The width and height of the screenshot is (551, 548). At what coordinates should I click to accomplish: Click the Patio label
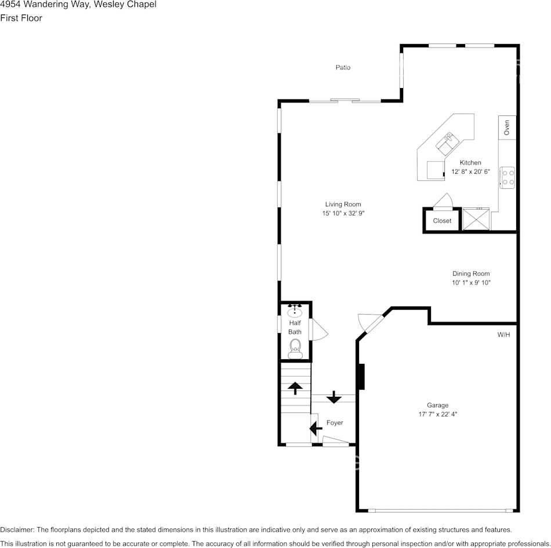point(343,68)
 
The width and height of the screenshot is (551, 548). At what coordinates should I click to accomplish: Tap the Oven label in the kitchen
point(506,127)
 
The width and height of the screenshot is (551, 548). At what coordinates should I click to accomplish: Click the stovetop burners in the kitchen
point(507,177)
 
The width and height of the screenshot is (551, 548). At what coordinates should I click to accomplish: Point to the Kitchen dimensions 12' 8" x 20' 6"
point(471,172)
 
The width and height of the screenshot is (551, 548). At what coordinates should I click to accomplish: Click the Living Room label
point(343,204)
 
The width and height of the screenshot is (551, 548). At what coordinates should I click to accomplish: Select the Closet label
point(442,221)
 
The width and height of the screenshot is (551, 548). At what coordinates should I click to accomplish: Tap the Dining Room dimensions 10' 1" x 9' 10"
point(471,283)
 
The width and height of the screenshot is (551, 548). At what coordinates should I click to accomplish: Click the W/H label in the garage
point(503,335)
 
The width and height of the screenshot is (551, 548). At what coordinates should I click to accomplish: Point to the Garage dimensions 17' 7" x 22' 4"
point(437,414)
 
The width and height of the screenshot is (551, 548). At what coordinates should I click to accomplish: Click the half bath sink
point(295,311)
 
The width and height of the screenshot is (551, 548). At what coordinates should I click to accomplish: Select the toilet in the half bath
point(295,347)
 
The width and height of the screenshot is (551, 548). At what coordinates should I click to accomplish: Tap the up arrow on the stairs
point(295,388)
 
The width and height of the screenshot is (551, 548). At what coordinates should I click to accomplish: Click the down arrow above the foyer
point(333,398)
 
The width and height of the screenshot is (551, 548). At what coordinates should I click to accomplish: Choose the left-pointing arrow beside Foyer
point(316,429)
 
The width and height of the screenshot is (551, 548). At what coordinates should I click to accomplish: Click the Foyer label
point(335,423)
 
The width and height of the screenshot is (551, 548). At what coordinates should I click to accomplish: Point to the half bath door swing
point(319,330)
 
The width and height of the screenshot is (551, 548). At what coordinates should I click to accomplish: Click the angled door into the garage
point(370,323)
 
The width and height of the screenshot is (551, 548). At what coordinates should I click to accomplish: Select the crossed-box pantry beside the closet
point(476,219)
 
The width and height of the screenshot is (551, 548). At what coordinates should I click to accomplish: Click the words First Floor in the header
point(21,18)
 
